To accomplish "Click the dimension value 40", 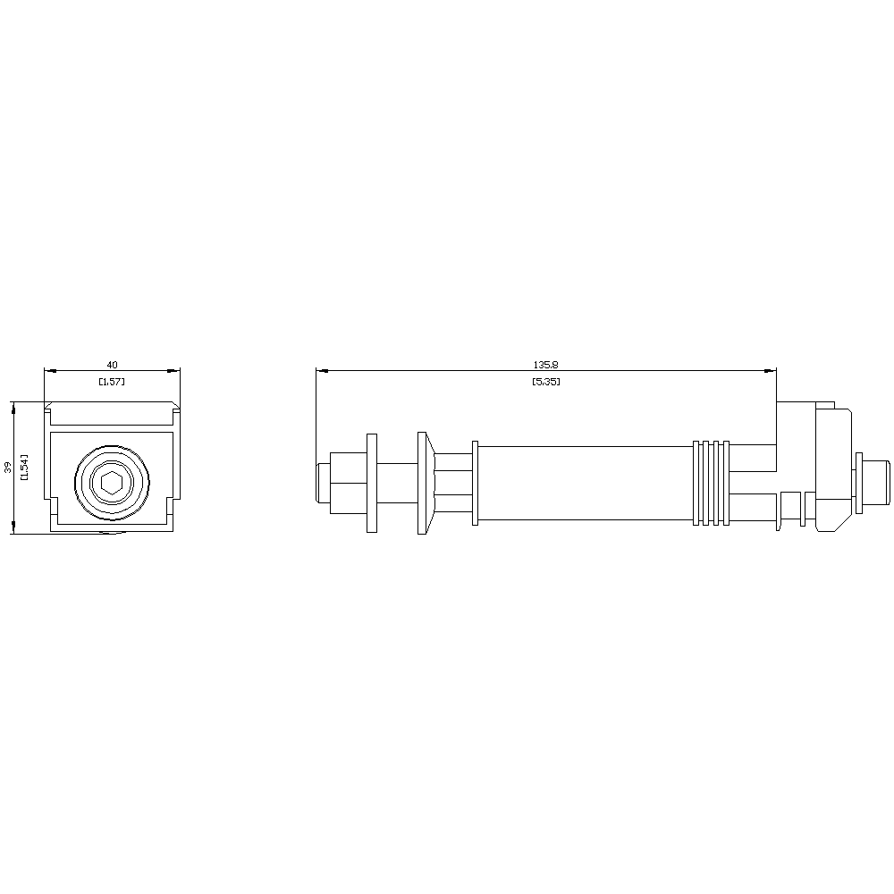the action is [x=113, y=365].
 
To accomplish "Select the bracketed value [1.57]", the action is [x=112, y=382].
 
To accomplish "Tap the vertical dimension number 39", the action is [x=8, y=468].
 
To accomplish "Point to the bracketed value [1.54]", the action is [x=24, y=467].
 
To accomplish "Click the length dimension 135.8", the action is [x=545, y=365].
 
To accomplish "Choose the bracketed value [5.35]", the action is [x=545, y=382].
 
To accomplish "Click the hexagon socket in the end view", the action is [x=112, y=483].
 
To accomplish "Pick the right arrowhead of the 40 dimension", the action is [x=173, y=371].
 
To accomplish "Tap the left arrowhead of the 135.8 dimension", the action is [x=323, y=371].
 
